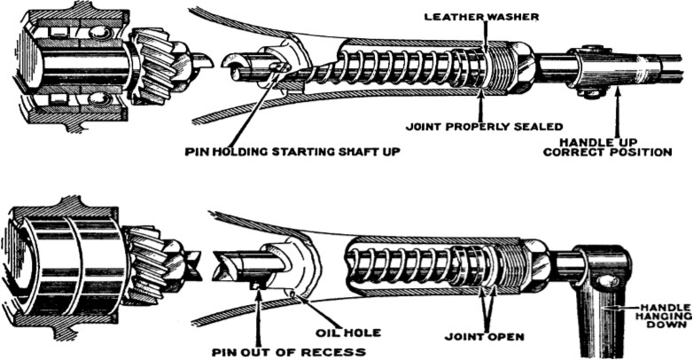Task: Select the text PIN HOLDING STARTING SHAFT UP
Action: point(293,152)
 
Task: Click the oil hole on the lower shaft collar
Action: point(291,292)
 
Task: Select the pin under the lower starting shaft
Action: point(257,284)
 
